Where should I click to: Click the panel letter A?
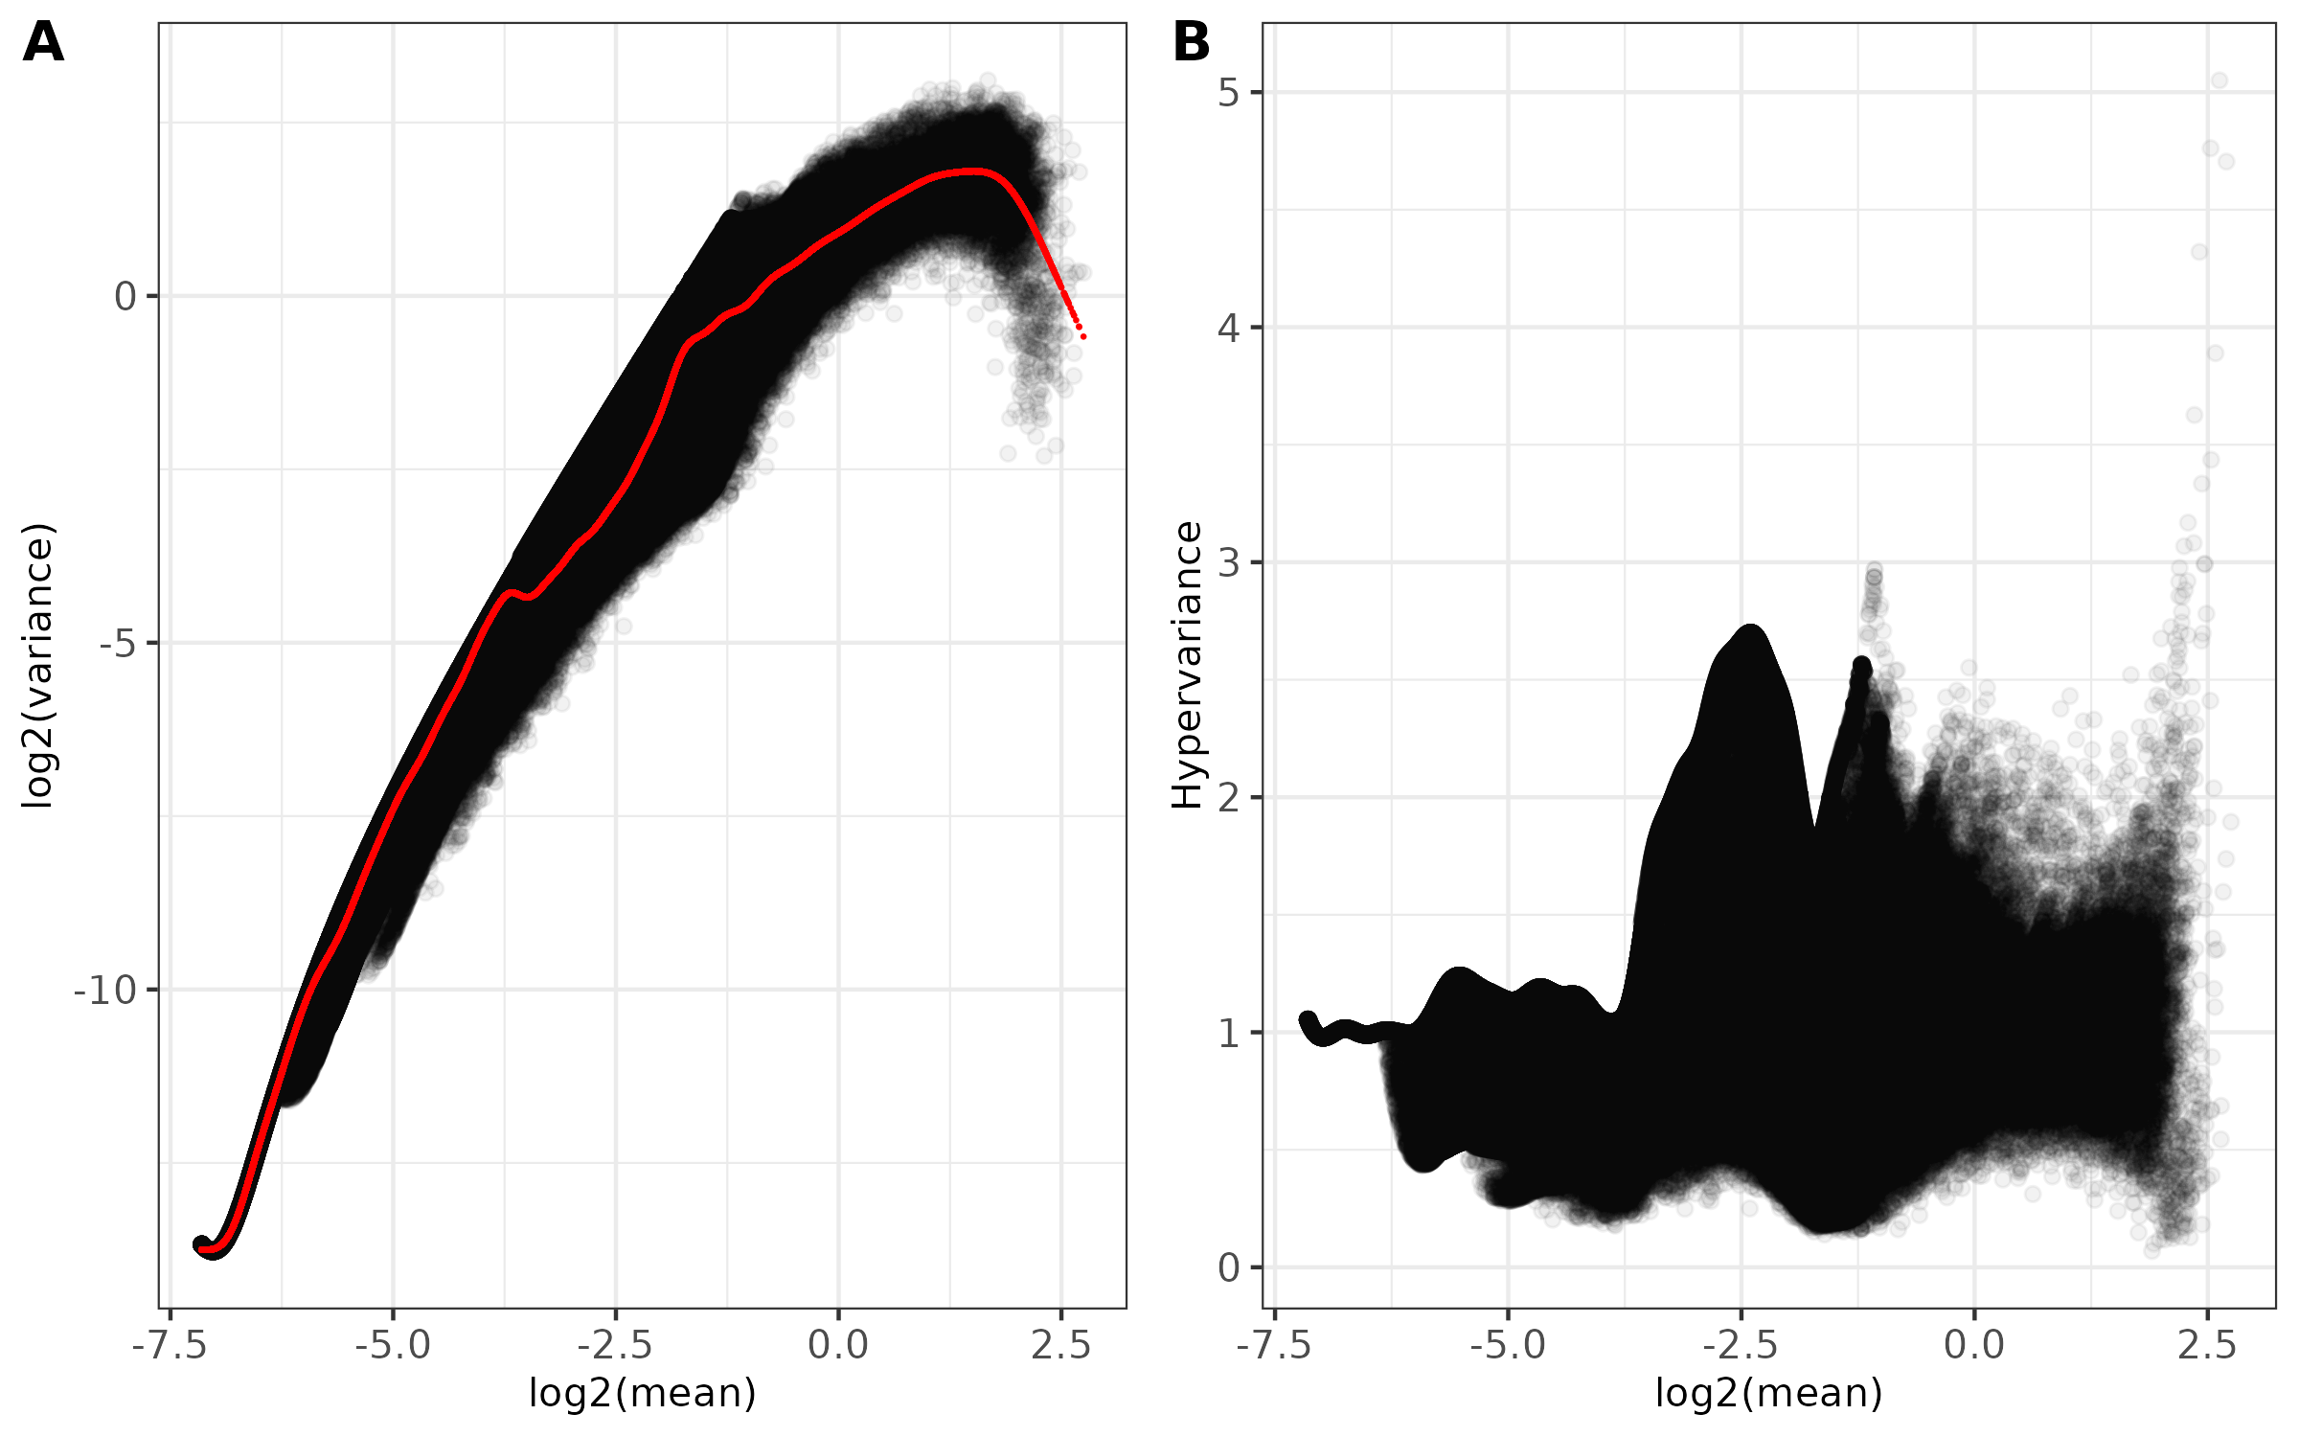43,43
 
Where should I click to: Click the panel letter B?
1192,43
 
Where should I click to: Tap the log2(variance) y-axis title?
38,666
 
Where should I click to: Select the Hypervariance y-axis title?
1187,666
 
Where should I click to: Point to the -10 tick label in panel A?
105,991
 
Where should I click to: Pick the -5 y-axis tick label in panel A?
117,644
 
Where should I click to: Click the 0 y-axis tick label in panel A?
125,297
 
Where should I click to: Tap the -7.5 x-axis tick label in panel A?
170,1346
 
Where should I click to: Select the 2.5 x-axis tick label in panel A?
1061,1346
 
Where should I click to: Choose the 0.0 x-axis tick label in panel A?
838,1346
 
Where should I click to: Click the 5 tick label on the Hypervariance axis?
1228,93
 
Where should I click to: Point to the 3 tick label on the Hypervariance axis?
1228,563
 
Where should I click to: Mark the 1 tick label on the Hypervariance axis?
1228,1034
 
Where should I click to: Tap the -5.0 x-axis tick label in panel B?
1508,1346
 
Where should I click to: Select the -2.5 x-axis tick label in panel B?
1741,1346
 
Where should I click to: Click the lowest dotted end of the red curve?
1083,336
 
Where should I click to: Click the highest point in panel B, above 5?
2219,80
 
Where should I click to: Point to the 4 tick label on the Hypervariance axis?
1228,329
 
